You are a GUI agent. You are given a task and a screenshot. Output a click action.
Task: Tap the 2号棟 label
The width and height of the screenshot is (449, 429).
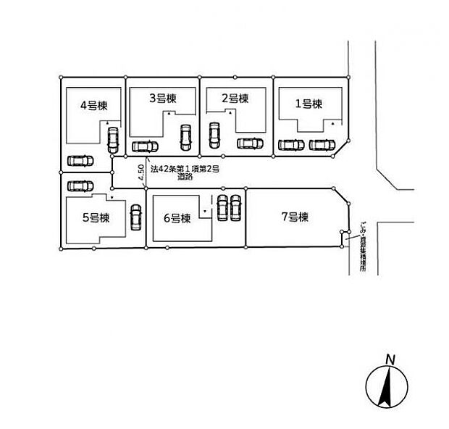235,99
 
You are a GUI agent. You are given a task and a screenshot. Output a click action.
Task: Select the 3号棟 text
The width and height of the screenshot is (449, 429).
162,98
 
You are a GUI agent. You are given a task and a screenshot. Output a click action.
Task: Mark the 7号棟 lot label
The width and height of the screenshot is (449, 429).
295,217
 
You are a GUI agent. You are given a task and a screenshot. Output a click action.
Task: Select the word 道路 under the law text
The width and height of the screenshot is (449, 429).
185,178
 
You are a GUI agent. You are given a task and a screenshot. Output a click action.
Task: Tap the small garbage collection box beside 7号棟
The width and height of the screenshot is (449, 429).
344,236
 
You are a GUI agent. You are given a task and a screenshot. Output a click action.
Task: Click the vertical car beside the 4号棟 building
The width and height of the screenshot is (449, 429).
112,139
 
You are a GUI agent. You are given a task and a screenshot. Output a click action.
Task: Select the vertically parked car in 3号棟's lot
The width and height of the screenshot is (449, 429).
185,138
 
